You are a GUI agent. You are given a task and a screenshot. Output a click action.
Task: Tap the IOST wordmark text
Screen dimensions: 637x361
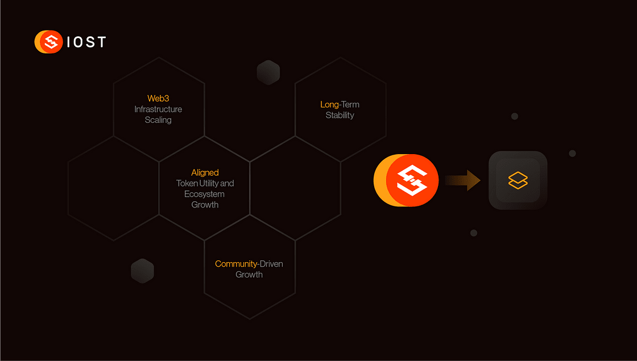[86, 42]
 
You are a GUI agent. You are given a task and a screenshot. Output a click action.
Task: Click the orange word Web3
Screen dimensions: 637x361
[158, 98]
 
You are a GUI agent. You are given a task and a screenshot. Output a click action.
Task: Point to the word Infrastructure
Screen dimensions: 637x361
[158, 109]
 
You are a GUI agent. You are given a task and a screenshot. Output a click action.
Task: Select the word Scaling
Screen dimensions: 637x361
[158, 120]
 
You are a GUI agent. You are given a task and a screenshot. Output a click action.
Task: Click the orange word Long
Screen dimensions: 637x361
[329, 105]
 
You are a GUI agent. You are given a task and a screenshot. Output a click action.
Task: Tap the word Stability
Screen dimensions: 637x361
[340, 115]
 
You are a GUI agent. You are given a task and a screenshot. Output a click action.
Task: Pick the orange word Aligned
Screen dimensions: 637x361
[205, 172]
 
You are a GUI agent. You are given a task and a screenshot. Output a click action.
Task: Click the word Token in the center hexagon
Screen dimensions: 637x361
[187, 183]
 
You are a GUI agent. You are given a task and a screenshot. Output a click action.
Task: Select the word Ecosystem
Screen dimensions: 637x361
[205, 194]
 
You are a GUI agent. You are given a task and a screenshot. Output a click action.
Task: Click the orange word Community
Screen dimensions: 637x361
[235, 264]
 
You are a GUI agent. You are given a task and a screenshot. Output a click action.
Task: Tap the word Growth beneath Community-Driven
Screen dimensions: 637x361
[249, 275]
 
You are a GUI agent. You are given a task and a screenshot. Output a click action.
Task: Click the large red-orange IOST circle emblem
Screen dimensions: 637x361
[412, 180]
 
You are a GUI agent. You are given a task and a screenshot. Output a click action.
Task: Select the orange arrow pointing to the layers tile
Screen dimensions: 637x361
[463, 180]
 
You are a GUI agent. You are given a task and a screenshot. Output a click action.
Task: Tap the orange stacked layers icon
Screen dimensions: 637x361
[518, 180]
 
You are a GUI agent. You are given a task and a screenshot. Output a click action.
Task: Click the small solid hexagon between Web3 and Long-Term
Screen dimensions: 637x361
[268, 73]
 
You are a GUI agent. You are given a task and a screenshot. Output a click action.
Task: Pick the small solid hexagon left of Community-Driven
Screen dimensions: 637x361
[142, 271]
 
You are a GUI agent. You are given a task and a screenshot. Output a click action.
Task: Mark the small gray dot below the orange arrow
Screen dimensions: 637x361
[473, 233]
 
